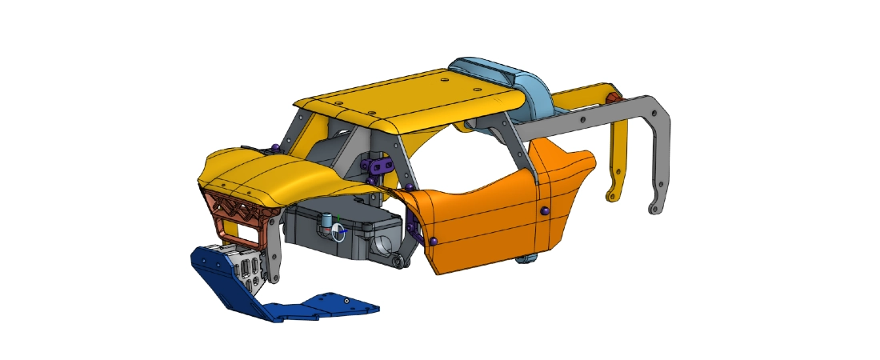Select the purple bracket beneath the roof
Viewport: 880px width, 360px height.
(379, 167)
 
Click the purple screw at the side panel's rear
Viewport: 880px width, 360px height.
(543, 210)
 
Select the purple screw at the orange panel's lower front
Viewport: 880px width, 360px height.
(433, 241)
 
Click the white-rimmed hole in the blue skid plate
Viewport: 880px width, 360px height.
(346, 301)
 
